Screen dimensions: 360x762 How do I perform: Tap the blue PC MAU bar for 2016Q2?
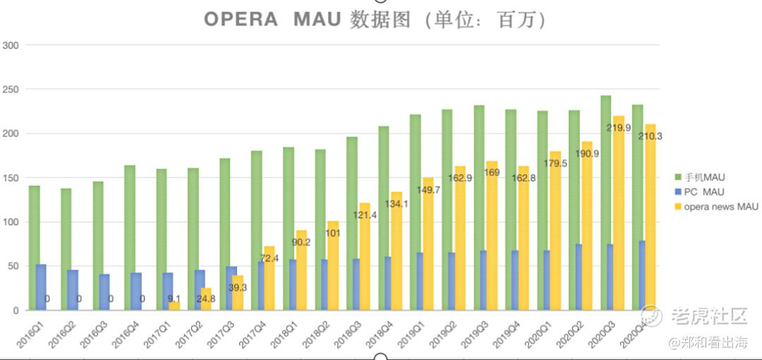pos(73,290)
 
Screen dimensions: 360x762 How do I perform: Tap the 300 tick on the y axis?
pos(11,45)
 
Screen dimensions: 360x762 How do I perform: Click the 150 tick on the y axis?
pos(11,178)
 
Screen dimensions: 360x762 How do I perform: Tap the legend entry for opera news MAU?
pos(717,207)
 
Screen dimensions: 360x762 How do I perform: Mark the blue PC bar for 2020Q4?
pos(642,275)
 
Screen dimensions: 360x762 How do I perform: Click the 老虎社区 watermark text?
pos(708,316)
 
